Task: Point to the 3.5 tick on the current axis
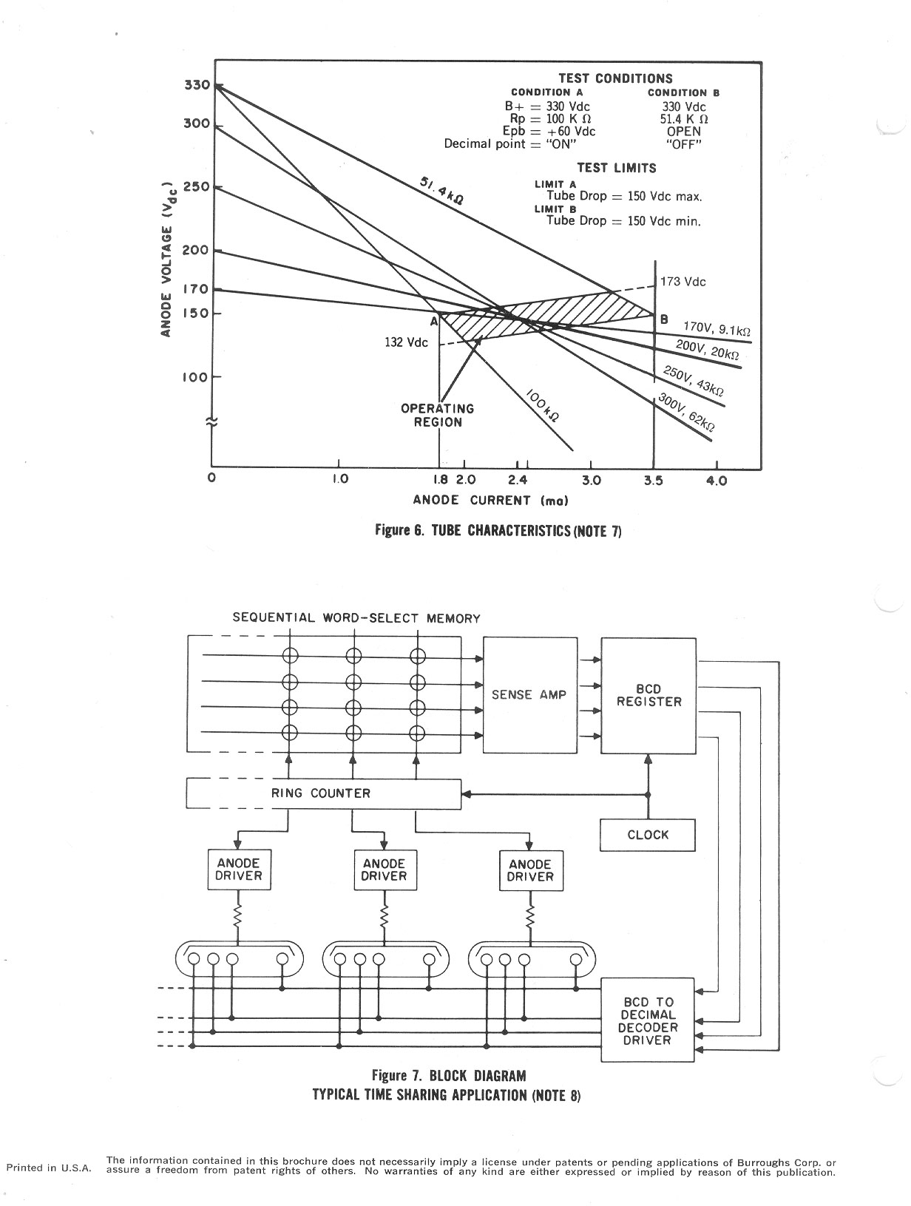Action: pyautogui.click(x=654, y=481)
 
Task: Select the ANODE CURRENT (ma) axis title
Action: pyautogui.click(x=490, y=500)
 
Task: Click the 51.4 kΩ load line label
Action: pyautogui.click(x=441, y=190)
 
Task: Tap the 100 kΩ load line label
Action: pyautogui.click(x=542, y=405)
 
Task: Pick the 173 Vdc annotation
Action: pyautogui.click(x=683, y=282)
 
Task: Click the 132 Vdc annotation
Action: pyautogui.click(x=406, y=342)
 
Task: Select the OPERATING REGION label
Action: pyautogui.click(x=437, y=416)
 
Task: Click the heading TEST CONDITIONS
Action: pyautogui.click(x=615, y=78)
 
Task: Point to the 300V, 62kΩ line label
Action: pyautogui.click(x=686, y=413)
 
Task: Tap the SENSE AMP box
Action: pyautogui.click(x=530, y=695)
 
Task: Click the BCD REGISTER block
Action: pyautogui.click(x=648, y=696)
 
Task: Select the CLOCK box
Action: pyautogui.click(x=647, y=835)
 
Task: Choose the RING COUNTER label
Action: pyautogui.click(x=321, y=793)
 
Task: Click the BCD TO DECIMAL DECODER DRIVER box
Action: pyautogui.click(x=647, y=1020)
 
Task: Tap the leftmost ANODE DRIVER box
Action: pyautogui.click(x=239, y=870)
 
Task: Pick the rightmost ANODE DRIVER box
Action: pyautogui.click(x=531, y=871)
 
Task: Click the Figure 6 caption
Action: pyautogui.click(x=498, y=531)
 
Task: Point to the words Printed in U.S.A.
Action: pyautogui.click(x=49, y=1168)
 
